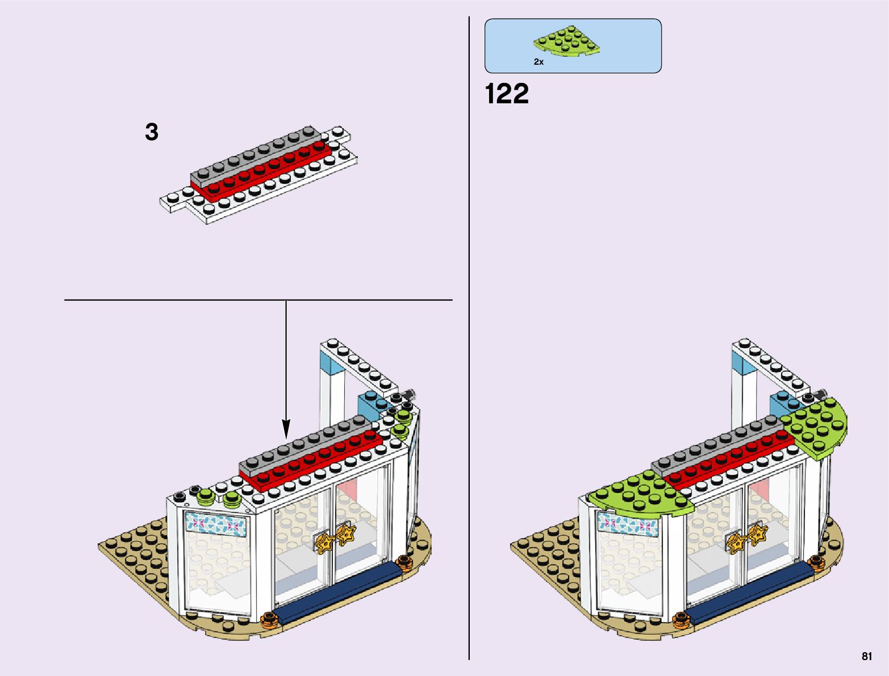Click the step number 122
507,94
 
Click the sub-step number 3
152,132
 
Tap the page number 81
866,656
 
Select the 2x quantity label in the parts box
539,62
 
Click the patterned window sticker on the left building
216,523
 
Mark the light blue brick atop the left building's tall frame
333,363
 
